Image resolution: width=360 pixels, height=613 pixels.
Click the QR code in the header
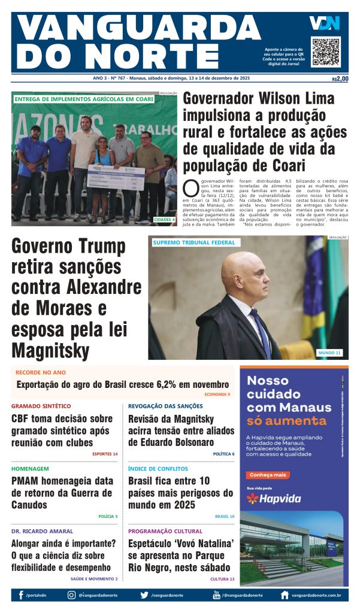pos(325,52)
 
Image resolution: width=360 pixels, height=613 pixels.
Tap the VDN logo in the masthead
pos(325,23)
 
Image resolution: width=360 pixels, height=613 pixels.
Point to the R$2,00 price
pos(340,78)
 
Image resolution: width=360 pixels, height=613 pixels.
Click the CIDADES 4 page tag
pos(164,220)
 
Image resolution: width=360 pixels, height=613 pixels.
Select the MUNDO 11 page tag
pos(329,353)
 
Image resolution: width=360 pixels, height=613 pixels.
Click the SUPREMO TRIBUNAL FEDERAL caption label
pos(193,242)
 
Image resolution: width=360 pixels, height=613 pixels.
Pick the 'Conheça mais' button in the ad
pos(264,475)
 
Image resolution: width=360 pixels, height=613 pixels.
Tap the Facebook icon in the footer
pos(22,595)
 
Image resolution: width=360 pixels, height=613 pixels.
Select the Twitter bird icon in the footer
pos(144,595)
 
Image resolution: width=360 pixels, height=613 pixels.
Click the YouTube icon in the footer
pos(216,595)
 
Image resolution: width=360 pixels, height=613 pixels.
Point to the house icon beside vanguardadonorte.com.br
pos(285,595)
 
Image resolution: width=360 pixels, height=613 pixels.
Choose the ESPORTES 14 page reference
pos(105,454)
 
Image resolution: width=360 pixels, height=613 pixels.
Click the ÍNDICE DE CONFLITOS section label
pos(158,469)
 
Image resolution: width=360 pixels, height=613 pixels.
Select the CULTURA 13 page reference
pos(222,579)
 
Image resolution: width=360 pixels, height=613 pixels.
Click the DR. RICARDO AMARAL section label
pos(42,531)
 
